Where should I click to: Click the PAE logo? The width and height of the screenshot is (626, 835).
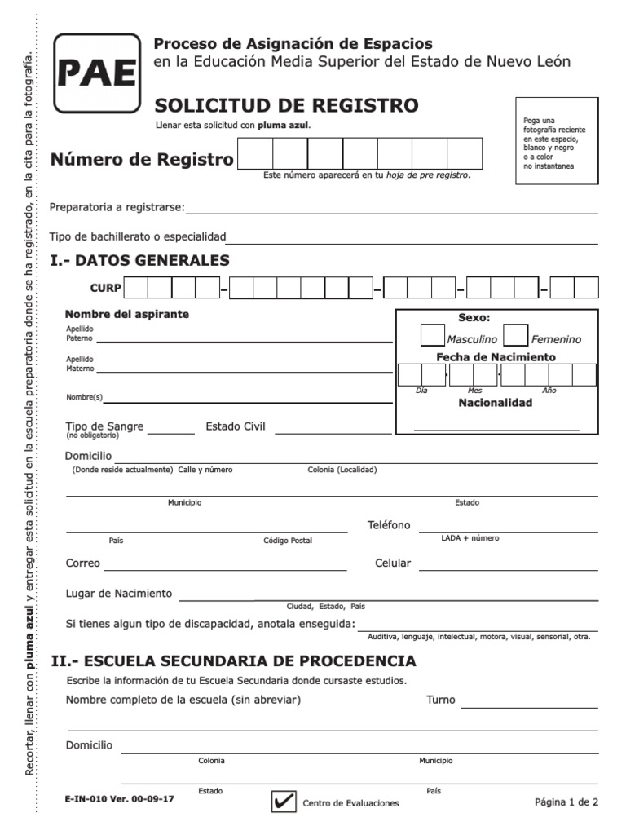[96, 73]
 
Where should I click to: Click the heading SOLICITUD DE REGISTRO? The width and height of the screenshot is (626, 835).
[286, 105]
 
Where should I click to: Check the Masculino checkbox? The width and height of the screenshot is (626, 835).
[432, 335]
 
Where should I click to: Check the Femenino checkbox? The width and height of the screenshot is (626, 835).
[515, 335]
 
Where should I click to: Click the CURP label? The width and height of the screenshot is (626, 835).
[105, 289]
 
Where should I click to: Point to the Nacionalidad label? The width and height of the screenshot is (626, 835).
[495, 403]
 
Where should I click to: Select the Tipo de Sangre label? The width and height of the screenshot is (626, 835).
[104, 426]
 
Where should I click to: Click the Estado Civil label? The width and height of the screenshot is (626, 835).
[236, 426]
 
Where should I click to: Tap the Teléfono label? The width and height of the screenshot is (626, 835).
[389, 525]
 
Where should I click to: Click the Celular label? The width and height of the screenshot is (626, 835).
[393, 563]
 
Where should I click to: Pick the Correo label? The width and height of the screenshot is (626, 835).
[82, 563]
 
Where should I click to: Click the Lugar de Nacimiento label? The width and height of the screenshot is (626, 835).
[119, 593]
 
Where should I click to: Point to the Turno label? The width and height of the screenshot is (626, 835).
[441, 700]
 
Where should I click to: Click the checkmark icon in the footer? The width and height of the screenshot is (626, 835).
[284, 802]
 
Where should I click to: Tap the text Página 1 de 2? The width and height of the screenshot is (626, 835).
[566, 802]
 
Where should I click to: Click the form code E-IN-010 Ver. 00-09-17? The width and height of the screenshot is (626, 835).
[119, 800]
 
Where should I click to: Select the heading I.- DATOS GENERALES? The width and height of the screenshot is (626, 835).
[139, 261]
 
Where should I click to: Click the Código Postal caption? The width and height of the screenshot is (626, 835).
[287, 541]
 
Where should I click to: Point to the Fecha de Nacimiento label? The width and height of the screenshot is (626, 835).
[496, 357]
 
